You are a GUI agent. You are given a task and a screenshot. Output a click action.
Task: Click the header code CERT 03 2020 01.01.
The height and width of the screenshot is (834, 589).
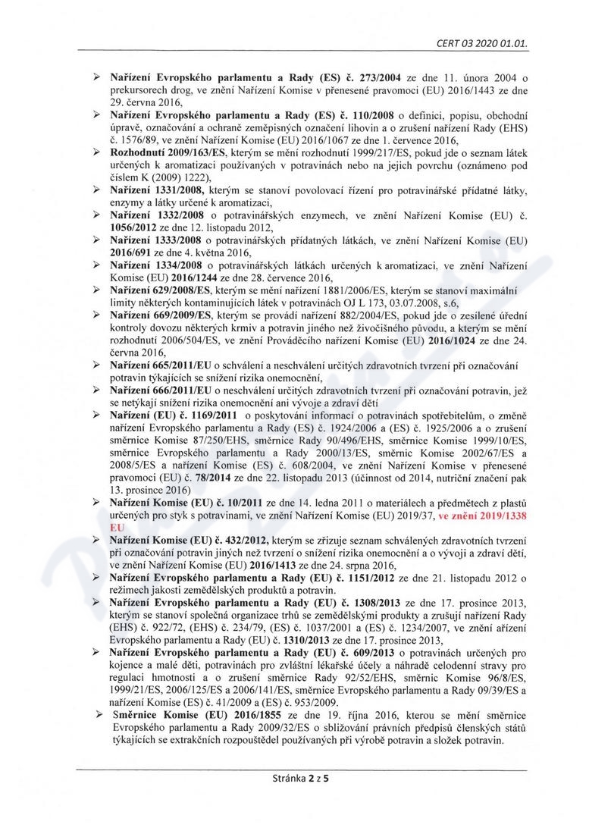coord(481,42)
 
